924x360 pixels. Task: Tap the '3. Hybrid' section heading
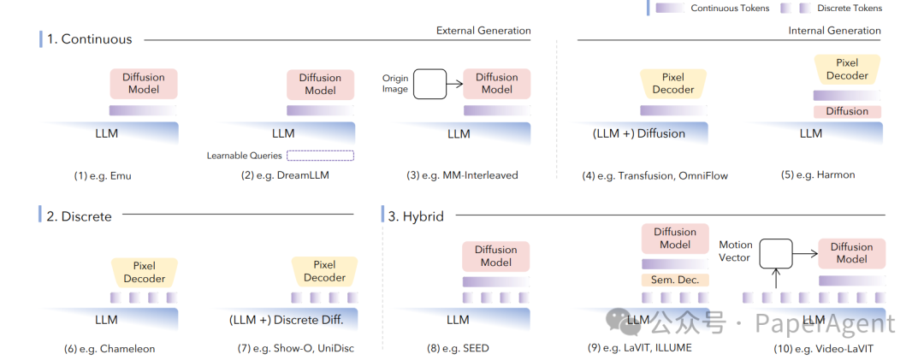click(416, 216)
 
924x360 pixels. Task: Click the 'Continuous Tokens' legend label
click(730, 9)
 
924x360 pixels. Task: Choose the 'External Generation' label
click(483, 31)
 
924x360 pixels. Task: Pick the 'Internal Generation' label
click(834, 31)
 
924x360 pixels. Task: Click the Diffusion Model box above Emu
click(144, 84)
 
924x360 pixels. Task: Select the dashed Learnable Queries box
click(320, 156)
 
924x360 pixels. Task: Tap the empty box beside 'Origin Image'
click(430, 84)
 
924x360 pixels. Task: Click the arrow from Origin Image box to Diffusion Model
click(455, 84)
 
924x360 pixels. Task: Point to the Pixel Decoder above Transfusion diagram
click(673, 84)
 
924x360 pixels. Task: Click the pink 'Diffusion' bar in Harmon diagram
click(847, 111)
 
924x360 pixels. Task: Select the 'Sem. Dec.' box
click(675, 280)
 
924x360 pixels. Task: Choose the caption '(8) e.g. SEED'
click(459, 349)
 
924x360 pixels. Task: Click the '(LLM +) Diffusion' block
click(639, 133)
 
